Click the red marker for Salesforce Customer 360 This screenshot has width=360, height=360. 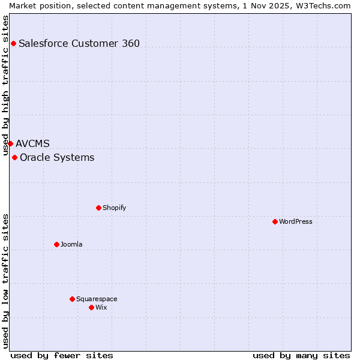[13, 43]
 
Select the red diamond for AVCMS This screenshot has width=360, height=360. [10, 143]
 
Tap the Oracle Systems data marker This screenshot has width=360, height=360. [14, 157]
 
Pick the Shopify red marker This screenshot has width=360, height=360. [98, 208]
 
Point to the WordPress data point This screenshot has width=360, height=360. [275, 221]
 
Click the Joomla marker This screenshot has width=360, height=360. [56, 244]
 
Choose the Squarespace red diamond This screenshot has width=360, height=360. [72, 299]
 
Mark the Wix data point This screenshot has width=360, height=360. [91, 307]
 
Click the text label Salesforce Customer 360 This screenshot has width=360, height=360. [79, 43]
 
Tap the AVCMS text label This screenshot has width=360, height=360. [33, 143]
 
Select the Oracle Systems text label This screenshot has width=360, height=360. [57, 157]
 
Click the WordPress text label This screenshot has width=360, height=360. [296, 221]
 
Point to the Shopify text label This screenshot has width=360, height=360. [114, 208]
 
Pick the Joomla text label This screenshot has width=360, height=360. [71, 244]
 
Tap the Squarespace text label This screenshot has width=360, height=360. [97, 299]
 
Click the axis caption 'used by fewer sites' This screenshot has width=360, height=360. [62, 355]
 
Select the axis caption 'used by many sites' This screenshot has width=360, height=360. [301, 355]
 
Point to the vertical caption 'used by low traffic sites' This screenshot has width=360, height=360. [6, 280]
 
